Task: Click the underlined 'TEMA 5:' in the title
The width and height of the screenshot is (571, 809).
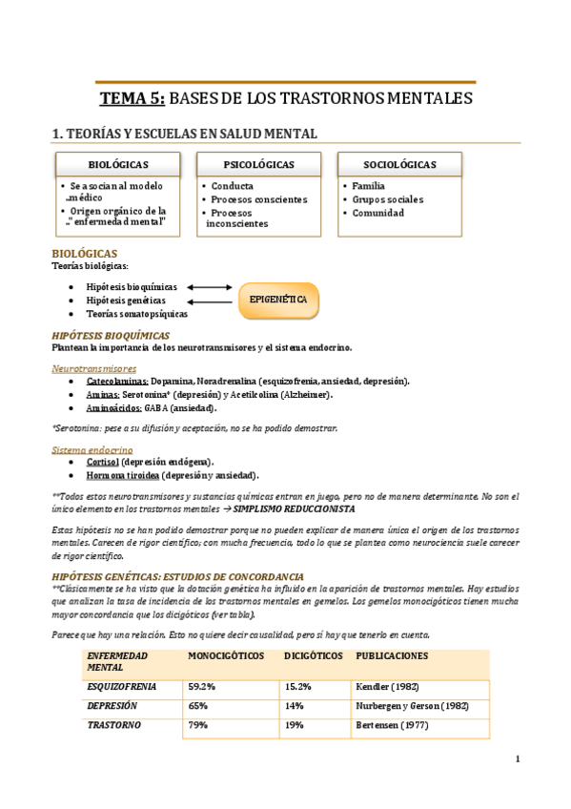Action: pyautogui.click(x=133, y=98)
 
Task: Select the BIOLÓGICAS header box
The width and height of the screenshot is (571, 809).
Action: pyautogui.click(x=117, y=165)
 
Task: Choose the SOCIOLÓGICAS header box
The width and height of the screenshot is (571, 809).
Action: pyautogui.click(x=399, y=165)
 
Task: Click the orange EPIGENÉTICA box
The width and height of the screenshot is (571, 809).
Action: pyautogui.click(x=277, y=300)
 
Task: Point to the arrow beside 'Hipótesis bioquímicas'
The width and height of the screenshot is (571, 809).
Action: pyautogui.click(x=210, y=286)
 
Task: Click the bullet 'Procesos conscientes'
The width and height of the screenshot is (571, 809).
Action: pyautogui.click(x=258, y=199)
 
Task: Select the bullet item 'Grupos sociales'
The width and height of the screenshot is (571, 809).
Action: pyautogui.click(x=387, y=199)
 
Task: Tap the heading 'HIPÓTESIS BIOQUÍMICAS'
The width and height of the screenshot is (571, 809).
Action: pyautogui.click(x=110, y=335)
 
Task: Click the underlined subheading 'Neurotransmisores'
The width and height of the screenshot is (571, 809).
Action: pyautogui.click(x=93, y=368)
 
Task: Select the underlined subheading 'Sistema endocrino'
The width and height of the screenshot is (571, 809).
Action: pyautogui.click(x=92, y=448)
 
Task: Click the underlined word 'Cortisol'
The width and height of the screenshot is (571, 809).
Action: pyautogui.click(x=102, y=462)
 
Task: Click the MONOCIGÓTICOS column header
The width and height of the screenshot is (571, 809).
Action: pyautogui.click(x=226, y=656)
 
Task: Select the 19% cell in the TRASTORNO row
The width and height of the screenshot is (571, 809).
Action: pyautogui.click(x=294, y=724)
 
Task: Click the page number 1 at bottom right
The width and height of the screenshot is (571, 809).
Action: pyautogui.click(x=517, y=759)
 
